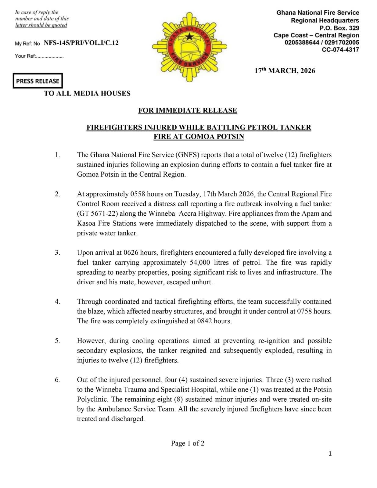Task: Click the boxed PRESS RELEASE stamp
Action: tap(38, 81)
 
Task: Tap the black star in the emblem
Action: tap(190, 37)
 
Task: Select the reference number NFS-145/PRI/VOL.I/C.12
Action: tap(81, 43)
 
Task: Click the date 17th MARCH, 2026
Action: tap(285, 71)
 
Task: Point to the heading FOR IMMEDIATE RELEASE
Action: tap(188, 110)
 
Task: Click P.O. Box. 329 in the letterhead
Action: tap(339, 28)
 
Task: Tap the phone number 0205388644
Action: tap(302, 43)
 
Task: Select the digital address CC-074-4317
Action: tap(340, 50)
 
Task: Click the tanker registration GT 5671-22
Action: tap(96, 213)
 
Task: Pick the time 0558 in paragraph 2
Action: tap(138, 194)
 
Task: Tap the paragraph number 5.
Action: tap(57, 341)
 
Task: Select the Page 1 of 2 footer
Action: tap(188, 443)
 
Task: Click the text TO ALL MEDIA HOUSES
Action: tap(87, 93)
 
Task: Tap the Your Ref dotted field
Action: tap(50, 56)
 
